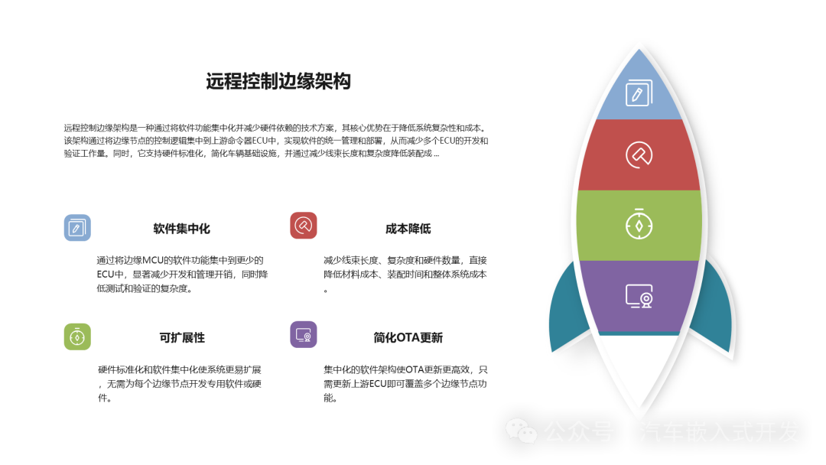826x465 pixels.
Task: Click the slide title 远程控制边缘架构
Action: coord(278,81)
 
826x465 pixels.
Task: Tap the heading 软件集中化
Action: coord(182,229)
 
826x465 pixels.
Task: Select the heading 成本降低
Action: coord(408,229)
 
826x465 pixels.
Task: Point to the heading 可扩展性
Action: coord(182,337)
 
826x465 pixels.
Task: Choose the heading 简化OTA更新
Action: coord(408,337)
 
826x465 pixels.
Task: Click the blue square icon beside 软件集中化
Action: coord(77,227)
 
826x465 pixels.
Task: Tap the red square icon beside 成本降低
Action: coord(304,226)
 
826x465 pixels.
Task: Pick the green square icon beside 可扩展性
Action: coord(77,337)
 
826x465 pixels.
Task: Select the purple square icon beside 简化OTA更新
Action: coord(304,334)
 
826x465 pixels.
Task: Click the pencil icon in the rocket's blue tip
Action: coord(639,93)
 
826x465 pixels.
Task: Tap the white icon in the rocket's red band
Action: coord(639,154)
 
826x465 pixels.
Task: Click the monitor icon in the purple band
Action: coord(639,296)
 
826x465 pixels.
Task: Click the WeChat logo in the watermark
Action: coord(522,431)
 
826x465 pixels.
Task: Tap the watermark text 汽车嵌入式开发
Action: coord(719,432)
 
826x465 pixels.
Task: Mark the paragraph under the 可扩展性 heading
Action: coord(180,384)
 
